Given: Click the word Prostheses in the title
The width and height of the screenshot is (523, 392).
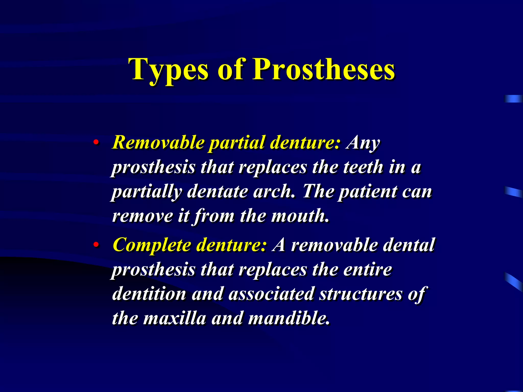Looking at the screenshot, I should [324, 69].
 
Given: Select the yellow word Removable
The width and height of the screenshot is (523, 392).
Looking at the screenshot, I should [158, 142].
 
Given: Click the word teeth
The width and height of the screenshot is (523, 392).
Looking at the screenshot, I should [363, 167].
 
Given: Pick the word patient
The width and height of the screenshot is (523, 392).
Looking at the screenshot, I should [368, 191].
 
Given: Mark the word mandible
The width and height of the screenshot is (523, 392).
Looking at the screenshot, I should [289, 318].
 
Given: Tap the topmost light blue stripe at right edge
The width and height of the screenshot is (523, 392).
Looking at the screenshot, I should [513, 99].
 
